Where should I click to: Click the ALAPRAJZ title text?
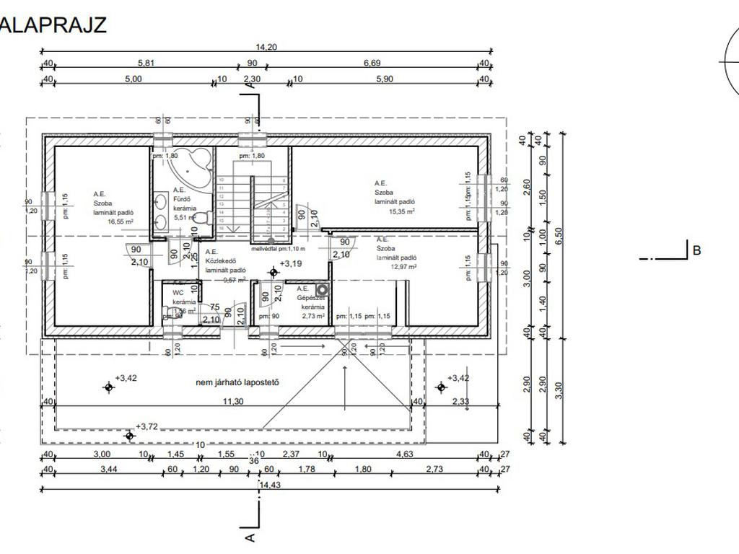point(53,25)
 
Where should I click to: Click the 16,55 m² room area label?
point(121,223)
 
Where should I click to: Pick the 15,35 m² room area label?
point(401,211)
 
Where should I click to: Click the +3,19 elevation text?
point(292,264)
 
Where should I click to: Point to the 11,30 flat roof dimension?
point(232,401)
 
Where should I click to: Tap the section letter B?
point(696,251)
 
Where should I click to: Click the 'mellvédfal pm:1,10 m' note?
point(278,248)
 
